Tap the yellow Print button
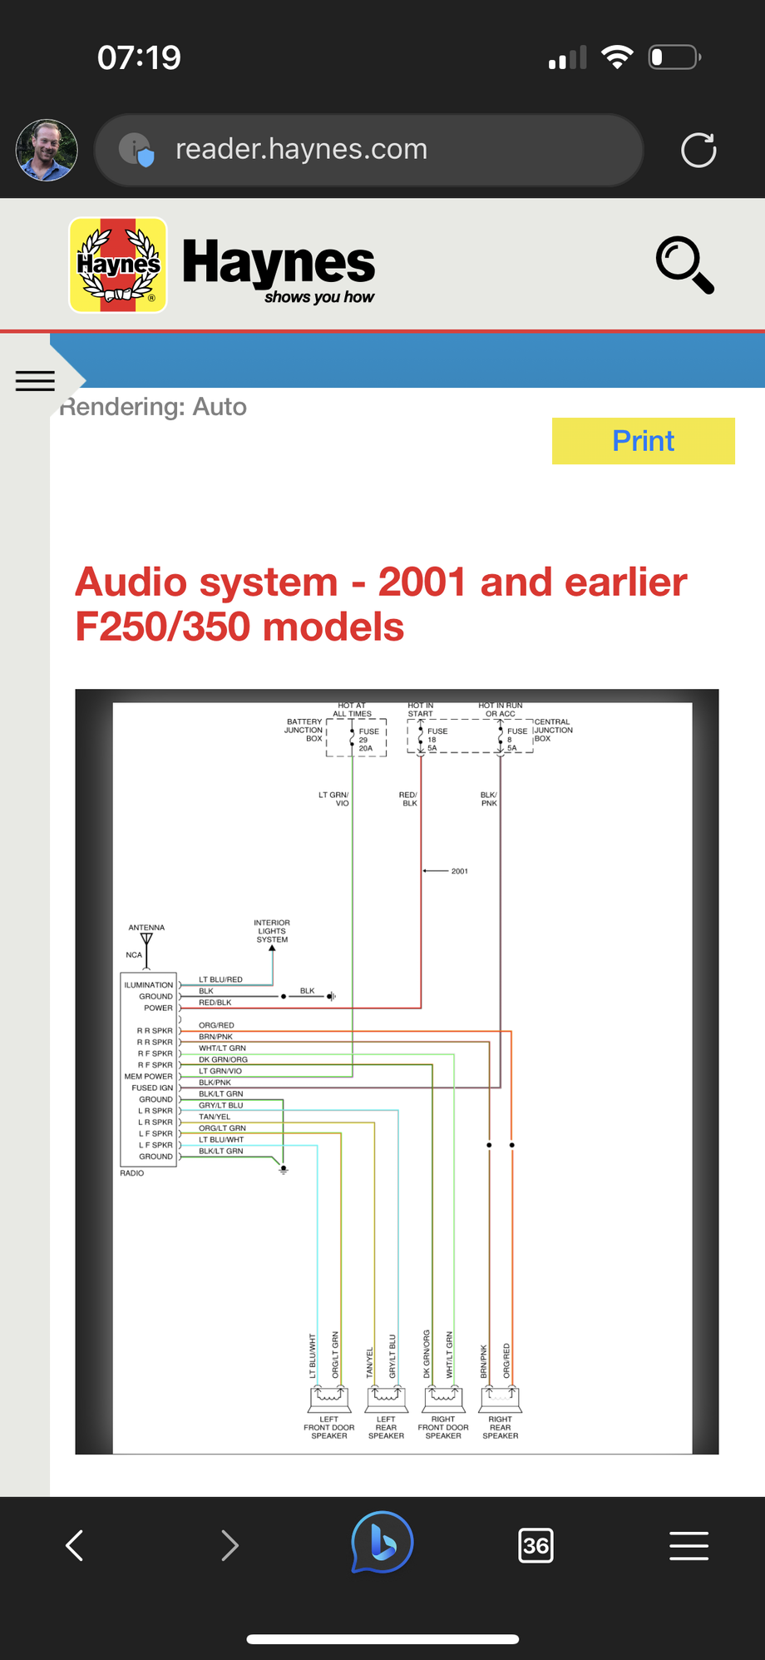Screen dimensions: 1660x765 (x=643, y=441)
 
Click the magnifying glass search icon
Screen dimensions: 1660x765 (x=684, y=265)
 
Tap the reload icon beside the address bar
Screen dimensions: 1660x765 (x=698, y=151)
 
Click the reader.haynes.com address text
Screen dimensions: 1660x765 (x=301, y=149)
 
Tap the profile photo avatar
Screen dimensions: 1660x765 (x=47, y=151)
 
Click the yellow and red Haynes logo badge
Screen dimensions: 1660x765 (x=118, y=265)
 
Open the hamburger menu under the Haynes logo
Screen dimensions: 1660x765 (x=35, y=380)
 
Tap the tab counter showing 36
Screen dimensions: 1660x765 (x=535, y=1546)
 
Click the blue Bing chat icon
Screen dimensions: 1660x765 (x=382, y=1543)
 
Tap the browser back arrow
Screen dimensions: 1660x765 (x=75, y=1546)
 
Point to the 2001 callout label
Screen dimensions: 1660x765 (x=460, y=871)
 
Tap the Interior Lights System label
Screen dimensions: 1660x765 (x=272, y=931)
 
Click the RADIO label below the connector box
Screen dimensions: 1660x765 (x=131, y=1173)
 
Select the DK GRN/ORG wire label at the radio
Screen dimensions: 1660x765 (x=223, y=1059)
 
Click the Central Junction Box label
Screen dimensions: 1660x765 (x=553, y=730)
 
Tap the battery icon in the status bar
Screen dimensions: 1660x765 (x=674, y=57)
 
